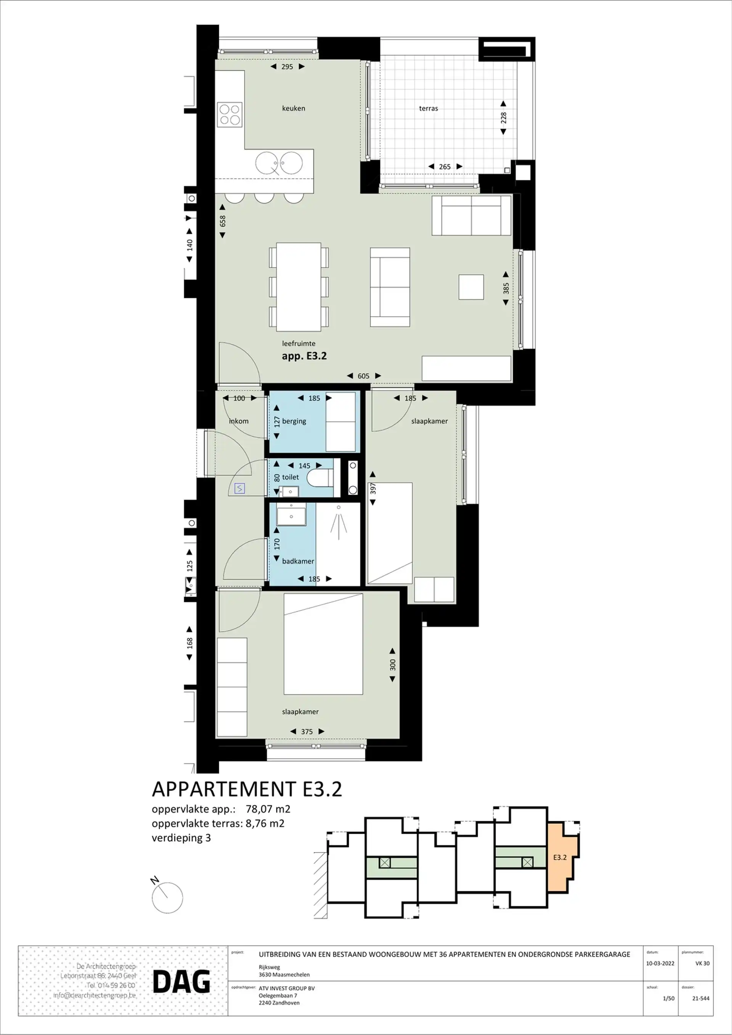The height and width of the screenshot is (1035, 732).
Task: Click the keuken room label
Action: click(294, 108)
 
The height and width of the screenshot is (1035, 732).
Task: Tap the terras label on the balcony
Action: click(428, 108)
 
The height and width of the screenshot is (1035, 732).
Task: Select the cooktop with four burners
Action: click(230, 114)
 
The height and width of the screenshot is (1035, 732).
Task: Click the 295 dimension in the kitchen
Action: click(287, 67)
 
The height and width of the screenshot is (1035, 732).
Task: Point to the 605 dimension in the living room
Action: click(363, 376)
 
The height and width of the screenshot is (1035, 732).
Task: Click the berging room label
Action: click(294, 421)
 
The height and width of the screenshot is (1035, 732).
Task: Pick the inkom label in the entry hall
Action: click(239, 421)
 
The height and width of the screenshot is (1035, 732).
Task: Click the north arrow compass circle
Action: click(167, 898)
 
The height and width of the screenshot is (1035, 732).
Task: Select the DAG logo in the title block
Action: click(181, 982)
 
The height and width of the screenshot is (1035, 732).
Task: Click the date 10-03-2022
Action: click(660, 963)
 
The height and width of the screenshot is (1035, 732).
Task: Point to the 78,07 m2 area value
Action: click(268, 809)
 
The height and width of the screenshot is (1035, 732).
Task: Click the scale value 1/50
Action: click(668, 998)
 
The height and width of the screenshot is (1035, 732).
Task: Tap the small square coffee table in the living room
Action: click(471, 287)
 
